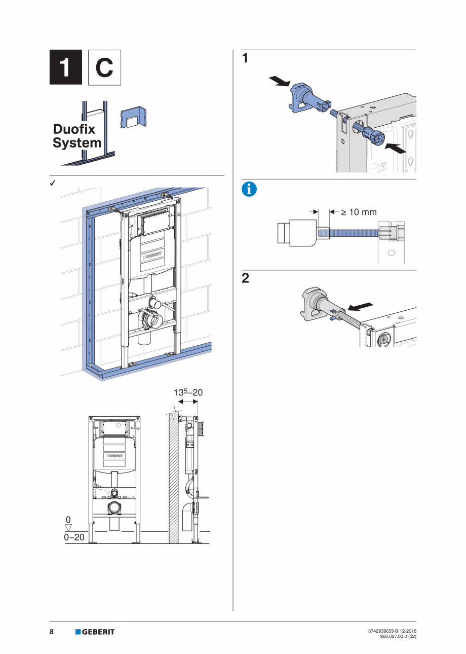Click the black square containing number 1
(x=65, y=67)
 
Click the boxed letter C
(x=104, y=67)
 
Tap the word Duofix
(x=74, y=129)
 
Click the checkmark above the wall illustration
(x=53, y=183)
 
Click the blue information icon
(x=249, y=190)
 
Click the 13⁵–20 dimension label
(x=188, y=392)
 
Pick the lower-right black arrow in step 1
(x=397, y=148)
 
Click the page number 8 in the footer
(x=52, y=632)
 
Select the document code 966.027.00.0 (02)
(x=398, y=636)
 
